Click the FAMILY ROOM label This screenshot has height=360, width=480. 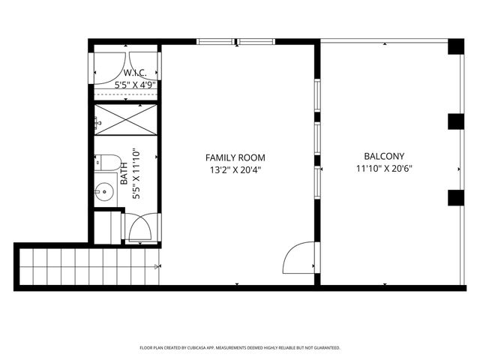pyautogui.click(x=235, y=157)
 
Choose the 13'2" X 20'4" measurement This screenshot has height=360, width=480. pyautogui.click(x=235, y=169)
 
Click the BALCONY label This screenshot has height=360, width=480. pyautogui.click(x=385, y=157)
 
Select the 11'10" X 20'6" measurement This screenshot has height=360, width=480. pyautogui.click(x=385, y=169)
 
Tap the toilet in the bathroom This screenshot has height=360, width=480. pyautogui.click(x=107, y=162)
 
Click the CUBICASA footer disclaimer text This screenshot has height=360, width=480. pyautogui.click(x=240, y=348)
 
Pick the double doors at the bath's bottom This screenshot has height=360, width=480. pyautogui.click(x=140, y=227)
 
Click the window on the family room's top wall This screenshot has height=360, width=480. pyautogui.click(x=235, y=40)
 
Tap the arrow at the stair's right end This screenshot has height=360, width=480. pyautogui.click(x=157, y=266)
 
